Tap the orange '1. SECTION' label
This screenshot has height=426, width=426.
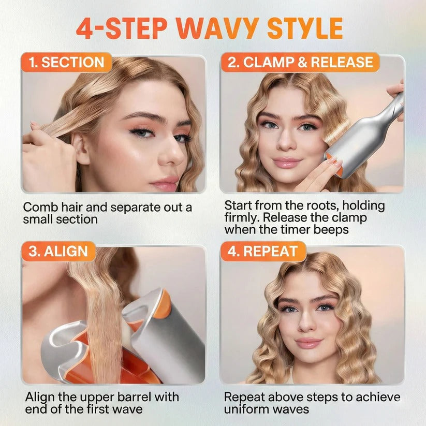(66, 63)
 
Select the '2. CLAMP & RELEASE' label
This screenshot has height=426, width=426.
(300, 63)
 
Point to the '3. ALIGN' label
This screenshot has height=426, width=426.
(58, 252)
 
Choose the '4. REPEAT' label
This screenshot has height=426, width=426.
(263, 252)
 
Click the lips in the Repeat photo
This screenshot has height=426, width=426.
(309, 343)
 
